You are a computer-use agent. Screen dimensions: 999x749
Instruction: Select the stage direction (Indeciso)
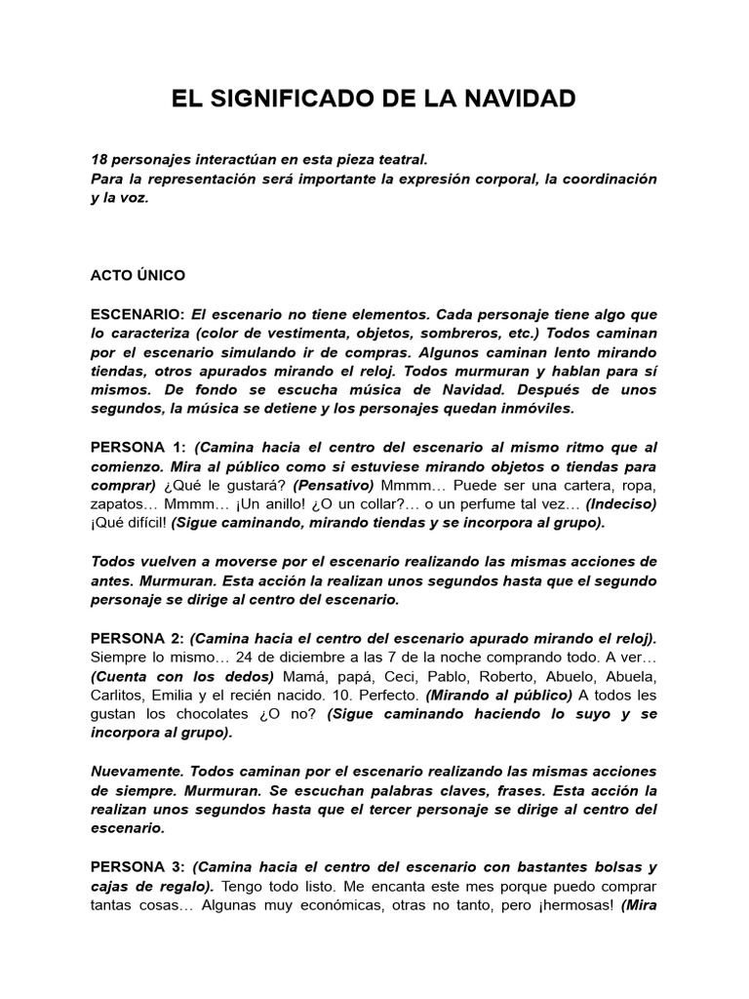tap(621, 503)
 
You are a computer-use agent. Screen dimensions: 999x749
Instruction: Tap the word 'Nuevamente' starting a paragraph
tap(133, 771)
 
